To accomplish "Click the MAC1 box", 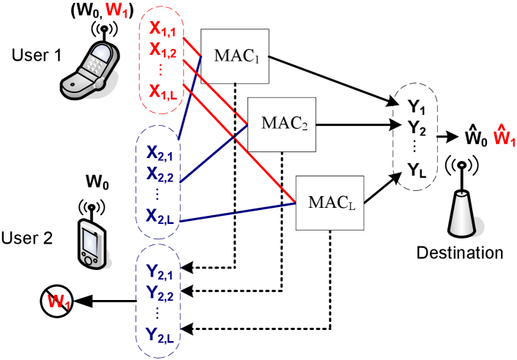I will pyautogui.click(x=235, y=56).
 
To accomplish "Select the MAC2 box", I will pyautogui.click(x=282, y=124).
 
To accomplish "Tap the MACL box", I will pyautogui.click(x=330, y=202).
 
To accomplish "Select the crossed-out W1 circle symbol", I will pyautogui.click(x=57, y=301).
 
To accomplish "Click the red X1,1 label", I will pyautogui.click(x=162, y=29).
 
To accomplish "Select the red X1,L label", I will pyautogui.click(x=162, y=91).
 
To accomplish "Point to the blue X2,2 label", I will pyautogui.click(x=160, y=174).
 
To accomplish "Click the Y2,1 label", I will pyautogui.click(x=160, y=274).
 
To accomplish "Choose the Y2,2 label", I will pyautogui.click(x=160, y=294).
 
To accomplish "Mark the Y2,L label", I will pyautogui.click(x=160, y=335).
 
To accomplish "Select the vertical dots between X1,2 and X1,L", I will pyautogui.click(x=161, y=70).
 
